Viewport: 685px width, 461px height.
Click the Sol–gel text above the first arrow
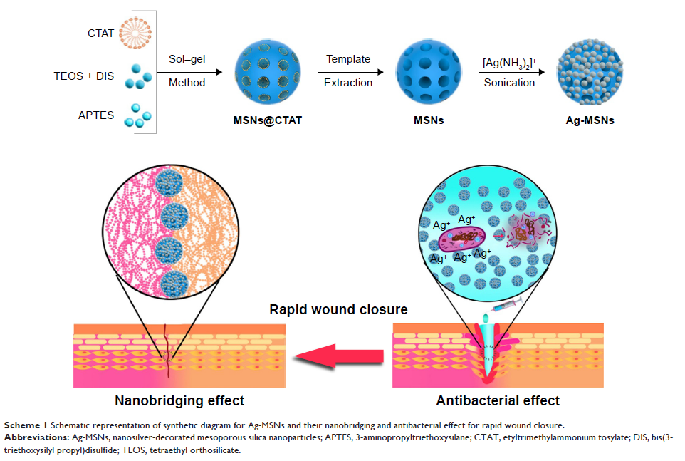(x=187, y=59)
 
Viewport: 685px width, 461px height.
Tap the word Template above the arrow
(x=348, y=59)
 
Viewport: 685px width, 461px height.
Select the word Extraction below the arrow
(x=348, y=83)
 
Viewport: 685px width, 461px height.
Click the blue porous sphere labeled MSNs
(x=429, y=73)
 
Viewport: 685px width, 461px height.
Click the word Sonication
(x=509, y=83)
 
